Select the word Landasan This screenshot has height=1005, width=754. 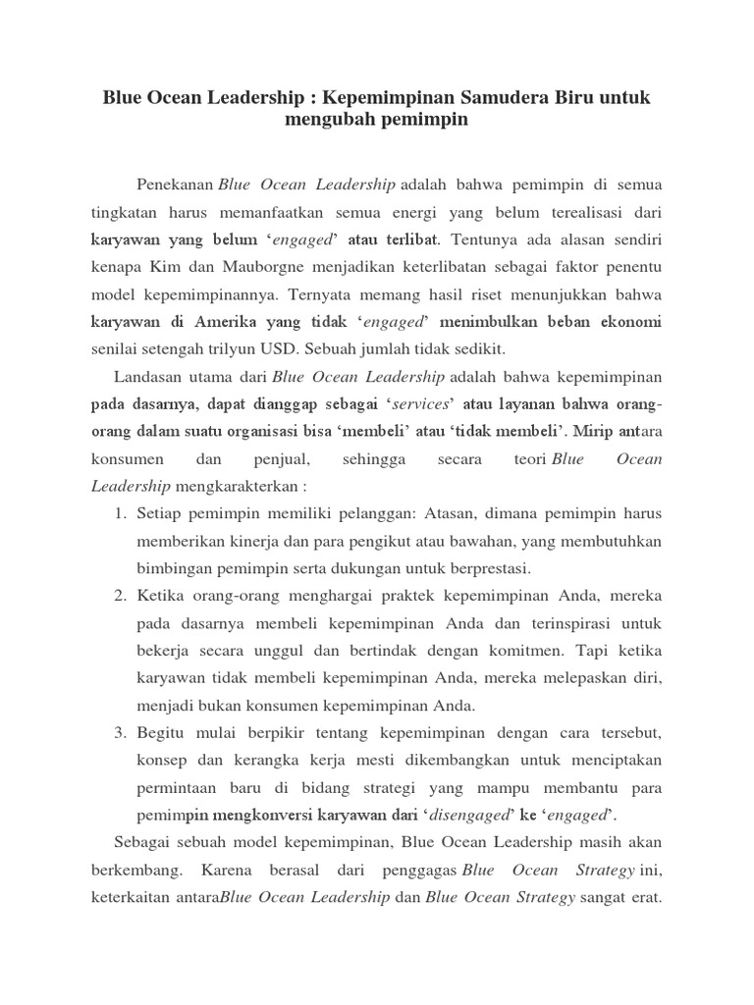148,377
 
